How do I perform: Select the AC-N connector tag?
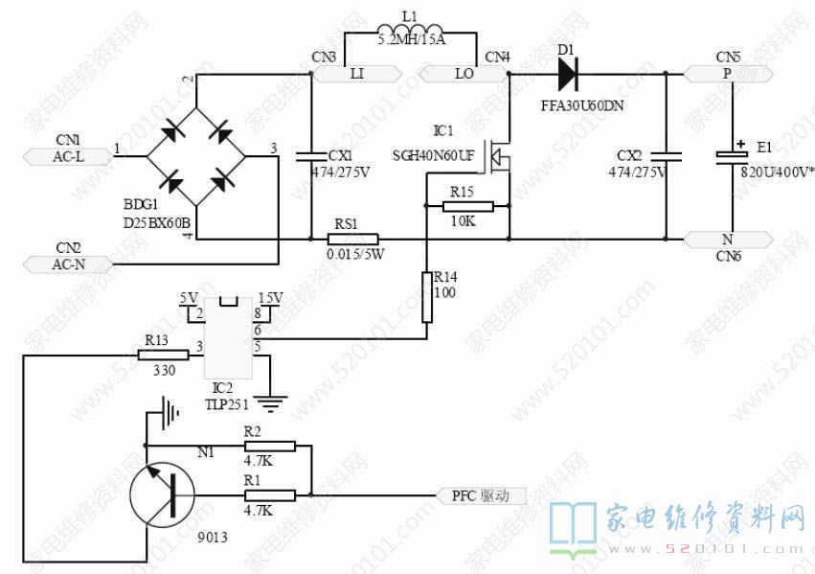click(68, 264)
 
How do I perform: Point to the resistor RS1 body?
click(352, 239)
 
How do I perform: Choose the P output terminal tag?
click(726, 73)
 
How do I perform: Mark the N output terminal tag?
click(726, 239)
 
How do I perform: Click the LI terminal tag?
click(355, 73)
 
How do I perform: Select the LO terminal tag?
click(464, 73)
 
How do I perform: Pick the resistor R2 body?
click(269, 446)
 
